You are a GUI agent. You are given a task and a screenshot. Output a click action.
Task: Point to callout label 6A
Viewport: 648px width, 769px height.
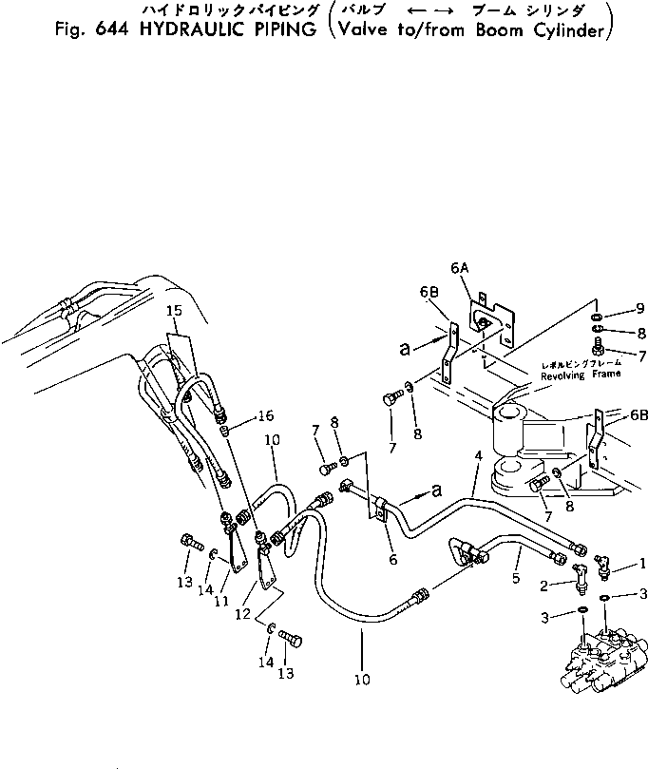coord(462,269)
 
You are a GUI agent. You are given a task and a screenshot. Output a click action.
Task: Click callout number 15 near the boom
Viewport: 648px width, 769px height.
coord(173,311)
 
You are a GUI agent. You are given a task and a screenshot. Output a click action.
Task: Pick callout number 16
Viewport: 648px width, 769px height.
coord(264,415)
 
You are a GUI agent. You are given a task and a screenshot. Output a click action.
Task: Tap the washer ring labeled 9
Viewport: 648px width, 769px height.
coord(594,316)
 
